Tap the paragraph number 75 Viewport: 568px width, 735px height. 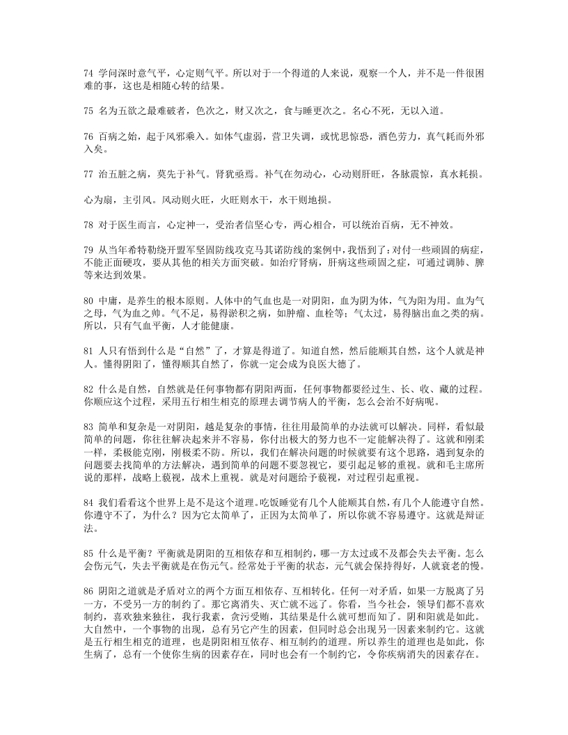pyautogui.click(x=88, y=111)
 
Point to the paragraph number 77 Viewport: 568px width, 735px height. pyautogui.click(x=88, y=175)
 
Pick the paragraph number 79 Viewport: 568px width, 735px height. pyautogui.click(x=88, y=252)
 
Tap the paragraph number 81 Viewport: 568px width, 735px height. pyautogui.click(x=88, y=349)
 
